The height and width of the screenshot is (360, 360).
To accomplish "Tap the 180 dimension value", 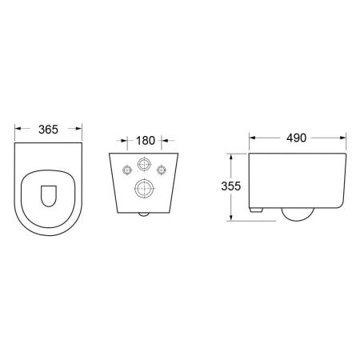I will [x=145, y=141].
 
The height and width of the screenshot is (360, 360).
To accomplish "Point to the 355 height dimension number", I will [x=232, y=185].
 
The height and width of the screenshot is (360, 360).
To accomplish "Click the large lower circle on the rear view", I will [x=145, y=190].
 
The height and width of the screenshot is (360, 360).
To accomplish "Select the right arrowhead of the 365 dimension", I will [x=82, y=128].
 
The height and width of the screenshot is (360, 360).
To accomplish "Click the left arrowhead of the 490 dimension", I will [x=250, y=137].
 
